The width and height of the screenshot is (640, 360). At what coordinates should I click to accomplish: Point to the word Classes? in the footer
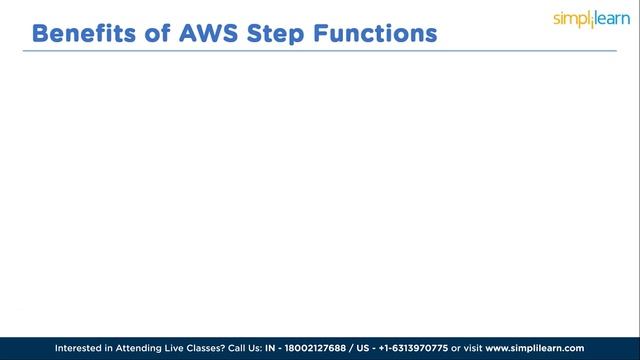pos(227,347)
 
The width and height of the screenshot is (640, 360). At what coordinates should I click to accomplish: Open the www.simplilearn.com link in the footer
pos(570,347)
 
